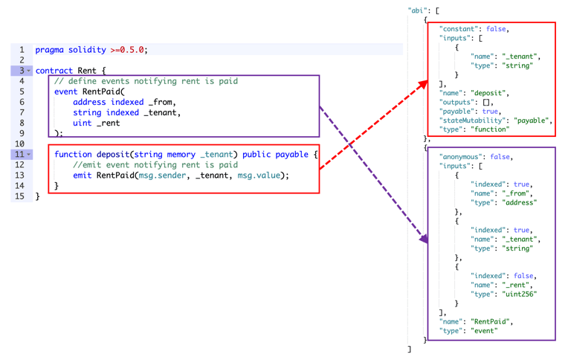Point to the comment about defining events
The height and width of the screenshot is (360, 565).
(146, 81)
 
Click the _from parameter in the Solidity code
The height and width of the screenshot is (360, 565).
(162, 102)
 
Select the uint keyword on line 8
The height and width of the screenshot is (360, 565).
(82, 123)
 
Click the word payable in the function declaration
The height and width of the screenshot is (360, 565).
(291, 155)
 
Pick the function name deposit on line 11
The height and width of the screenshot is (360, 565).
(113, 155)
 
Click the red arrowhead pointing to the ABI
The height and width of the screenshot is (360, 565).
(423, 84)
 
